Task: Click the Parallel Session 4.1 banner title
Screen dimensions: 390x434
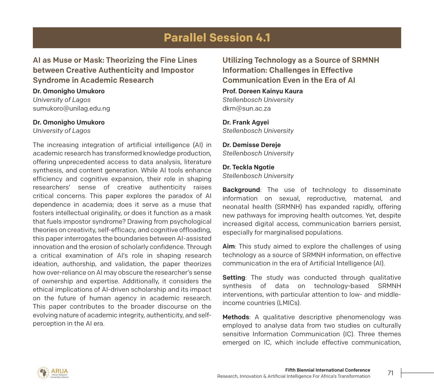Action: (217, 38)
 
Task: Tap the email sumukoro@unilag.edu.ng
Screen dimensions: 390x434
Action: (71, 108)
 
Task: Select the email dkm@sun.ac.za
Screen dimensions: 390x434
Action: (246, 108)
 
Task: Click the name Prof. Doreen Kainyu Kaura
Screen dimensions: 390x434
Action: (263, 91)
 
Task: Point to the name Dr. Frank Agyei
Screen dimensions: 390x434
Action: (246, 122)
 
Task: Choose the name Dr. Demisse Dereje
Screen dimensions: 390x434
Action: (251, 145)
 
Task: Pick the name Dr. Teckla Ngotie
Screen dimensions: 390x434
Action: (248, 167)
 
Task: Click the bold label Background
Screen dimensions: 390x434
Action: (241, 190)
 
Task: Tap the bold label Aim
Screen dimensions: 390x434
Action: (228, 247)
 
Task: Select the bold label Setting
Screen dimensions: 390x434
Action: (234, 278)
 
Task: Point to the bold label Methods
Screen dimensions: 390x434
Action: (236, 317)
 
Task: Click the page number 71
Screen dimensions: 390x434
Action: (391, 373)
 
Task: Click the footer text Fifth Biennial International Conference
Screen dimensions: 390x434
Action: (327, 370)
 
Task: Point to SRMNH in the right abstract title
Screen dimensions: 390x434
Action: (365, 60)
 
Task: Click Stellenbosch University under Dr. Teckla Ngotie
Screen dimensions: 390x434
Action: (258, 176)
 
